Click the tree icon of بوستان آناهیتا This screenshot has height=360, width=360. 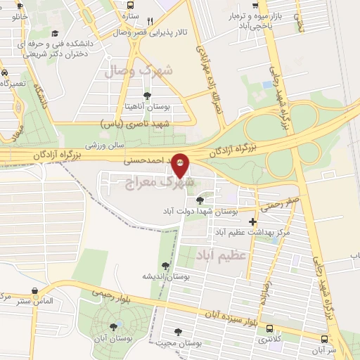[147, 96]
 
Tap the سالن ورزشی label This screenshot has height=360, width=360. [105, 146]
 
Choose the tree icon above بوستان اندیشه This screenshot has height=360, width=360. [165, 266]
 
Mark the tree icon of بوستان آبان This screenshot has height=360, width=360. [113, 327]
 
